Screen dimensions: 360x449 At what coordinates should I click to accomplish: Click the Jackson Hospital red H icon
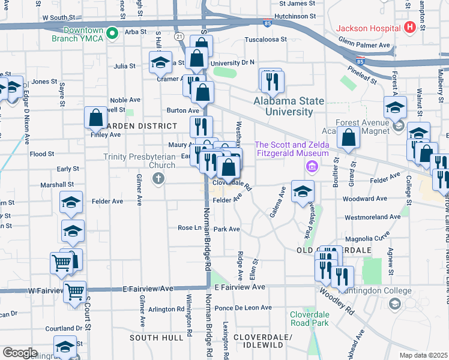point(410,27)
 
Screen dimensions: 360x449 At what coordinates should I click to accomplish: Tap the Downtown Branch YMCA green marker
point(112,34)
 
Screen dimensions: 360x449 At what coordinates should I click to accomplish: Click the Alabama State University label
point(288,106)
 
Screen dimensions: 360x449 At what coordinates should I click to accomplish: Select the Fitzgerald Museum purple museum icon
point(311,166)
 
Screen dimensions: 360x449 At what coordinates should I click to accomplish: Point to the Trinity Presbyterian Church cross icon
point(158,178)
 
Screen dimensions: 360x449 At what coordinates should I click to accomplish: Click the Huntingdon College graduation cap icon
point(394,305)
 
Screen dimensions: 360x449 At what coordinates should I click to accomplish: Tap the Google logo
point(19,353)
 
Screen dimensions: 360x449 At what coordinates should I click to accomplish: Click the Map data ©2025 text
point(423,355)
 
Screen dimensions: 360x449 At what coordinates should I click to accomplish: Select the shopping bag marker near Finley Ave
point(95,118)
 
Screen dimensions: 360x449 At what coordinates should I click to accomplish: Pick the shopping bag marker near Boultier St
point(348,138)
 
